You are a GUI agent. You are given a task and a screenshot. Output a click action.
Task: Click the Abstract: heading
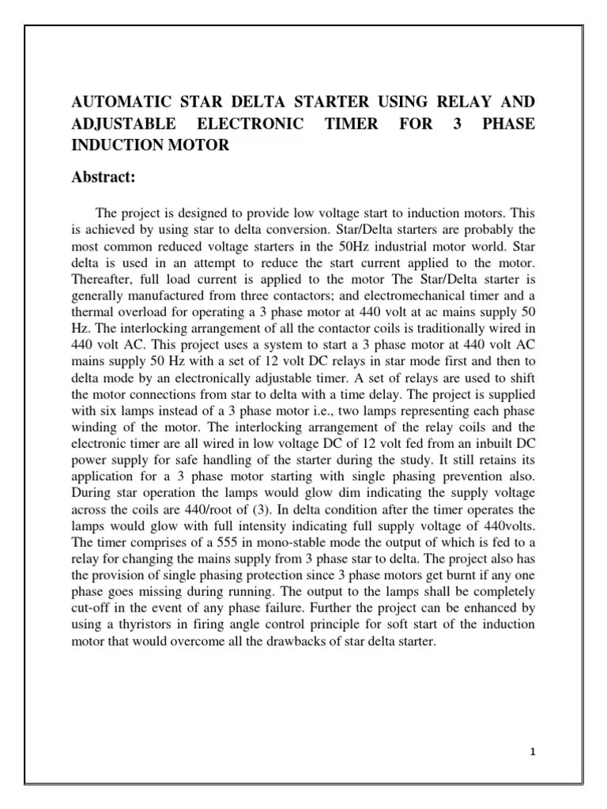tap(104, 177)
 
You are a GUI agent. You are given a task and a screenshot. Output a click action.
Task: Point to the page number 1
tap(533, 751)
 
